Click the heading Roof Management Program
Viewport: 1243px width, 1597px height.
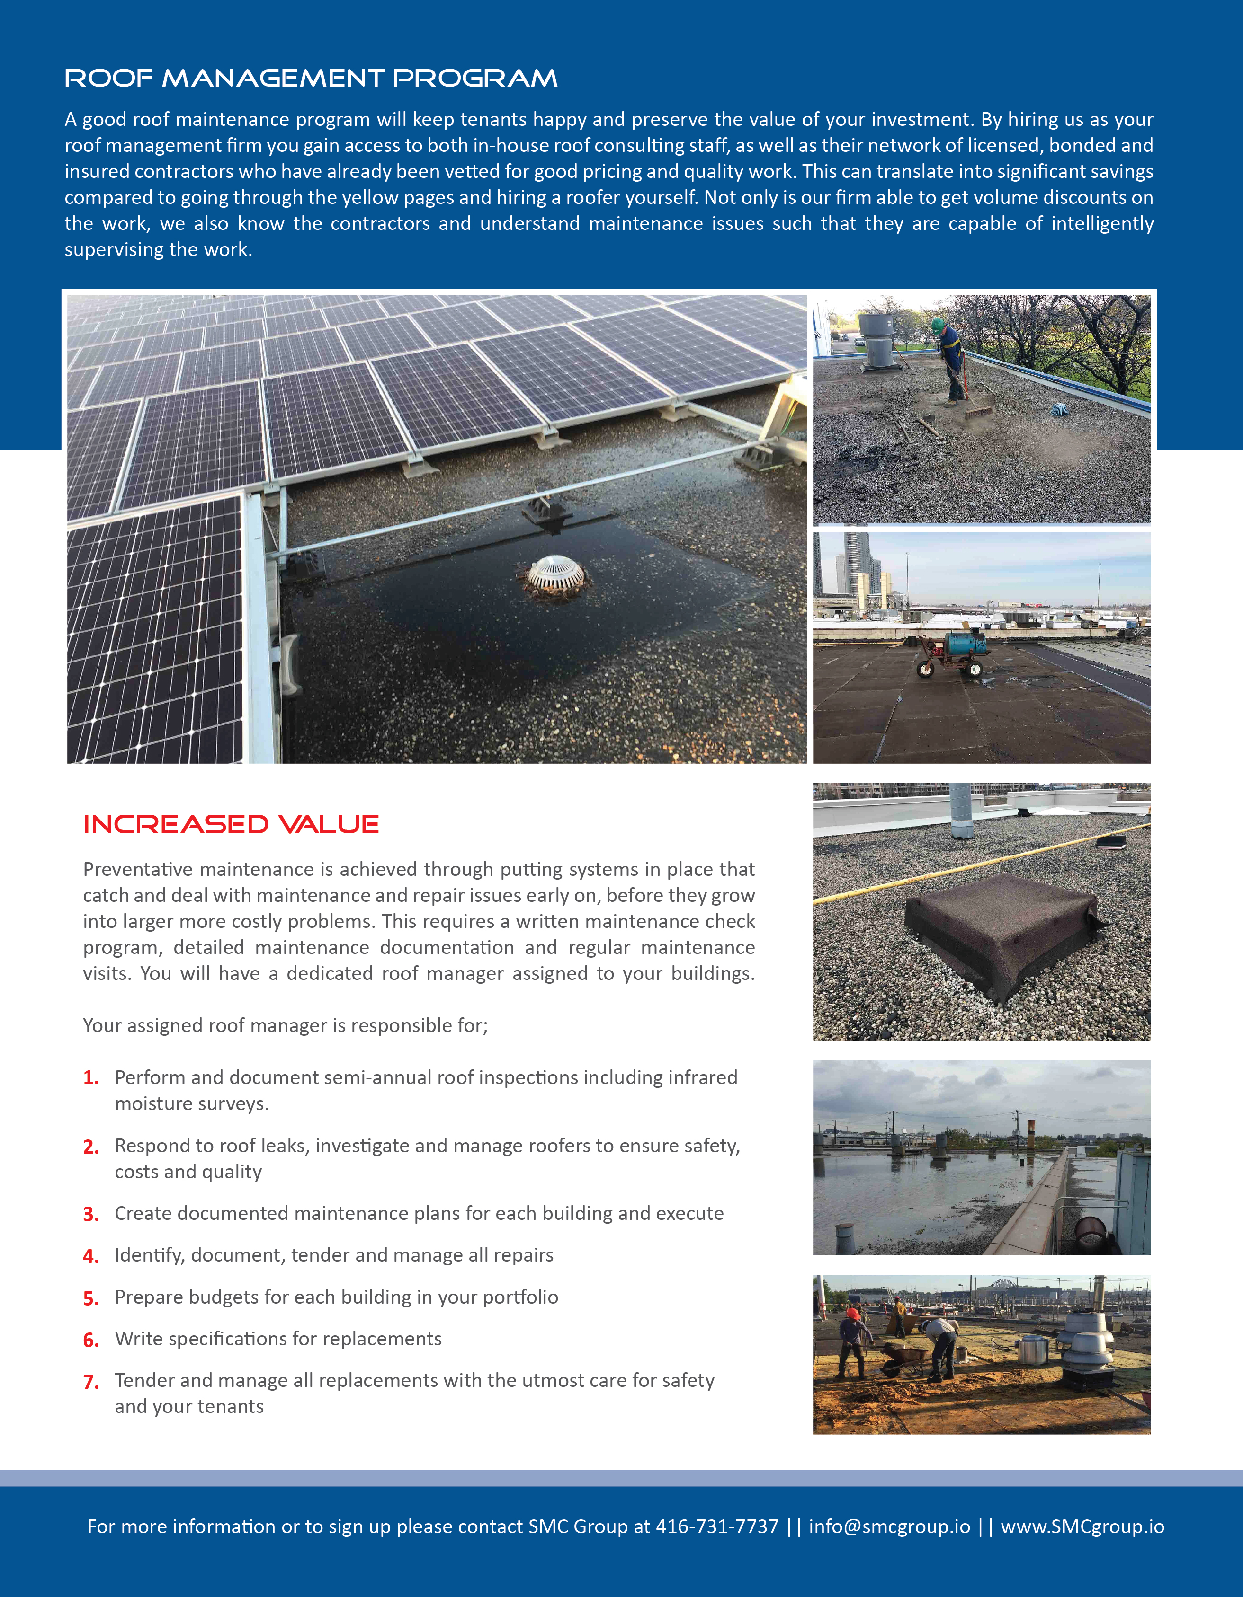click(311, 78)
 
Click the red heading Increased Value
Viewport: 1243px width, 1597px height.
click(231, 824)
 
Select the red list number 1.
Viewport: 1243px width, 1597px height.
click(91, 1078)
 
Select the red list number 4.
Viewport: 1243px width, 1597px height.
click(91, 1256)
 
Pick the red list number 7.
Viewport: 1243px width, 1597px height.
click(91, 1382)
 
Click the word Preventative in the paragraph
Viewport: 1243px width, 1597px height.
click(137, 869)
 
